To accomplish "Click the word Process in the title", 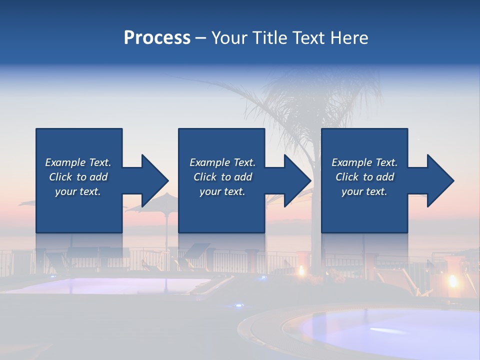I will pos(157,38).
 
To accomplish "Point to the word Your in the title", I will pos(230,38).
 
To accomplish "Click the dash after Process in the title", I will pos(200,38).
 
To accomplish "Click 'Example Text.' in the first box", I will pos(78,162).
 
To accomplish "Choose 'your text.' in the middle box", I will pos(222,191).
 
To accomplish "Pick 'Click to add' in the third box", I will pos(364,177).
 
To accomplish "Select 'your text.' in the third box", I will pos(364,191).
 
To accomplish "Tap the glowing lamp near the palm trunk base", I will pos(301,270).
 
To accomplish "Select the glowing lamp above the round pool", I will pos(453,280).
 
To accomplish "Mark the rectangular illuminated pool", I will pos(110,286).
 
